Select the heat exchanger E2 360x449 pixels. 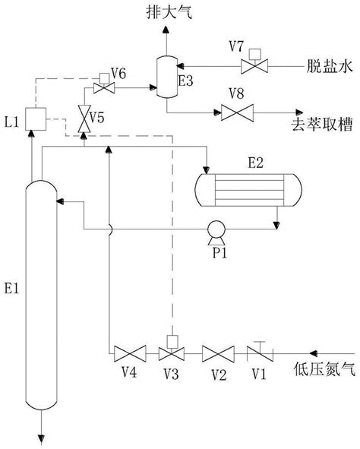(x=248, y=190)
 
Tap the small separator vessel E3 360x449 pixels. (x=167, y=77)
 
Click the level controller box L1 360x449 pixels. (x=36, y=119)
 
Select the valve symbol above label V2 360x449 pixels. (x=218, y=354)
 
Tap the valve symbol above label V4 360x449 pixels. (x=130, y=354)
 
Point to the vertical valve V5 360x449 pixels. (x=84, y=119)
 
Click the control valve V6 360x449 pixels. (x=104, y=84)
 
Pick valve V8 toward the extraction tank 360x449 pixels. (x=237, y=113)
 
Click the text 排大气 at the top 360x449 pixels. (x=169, y=13)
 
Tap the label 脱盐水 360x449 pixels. (x=330, y=66)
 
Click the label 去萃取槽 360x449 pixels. (x=322, y=125)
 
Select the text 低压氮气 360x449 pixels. (x=325, y=368)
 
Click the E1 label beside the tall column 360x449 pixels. (x=11, y=288)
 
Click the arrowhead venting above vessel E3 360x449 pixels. (x=166, y=30)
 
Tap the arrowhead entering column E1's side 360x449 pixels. (x=60, y=201)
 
